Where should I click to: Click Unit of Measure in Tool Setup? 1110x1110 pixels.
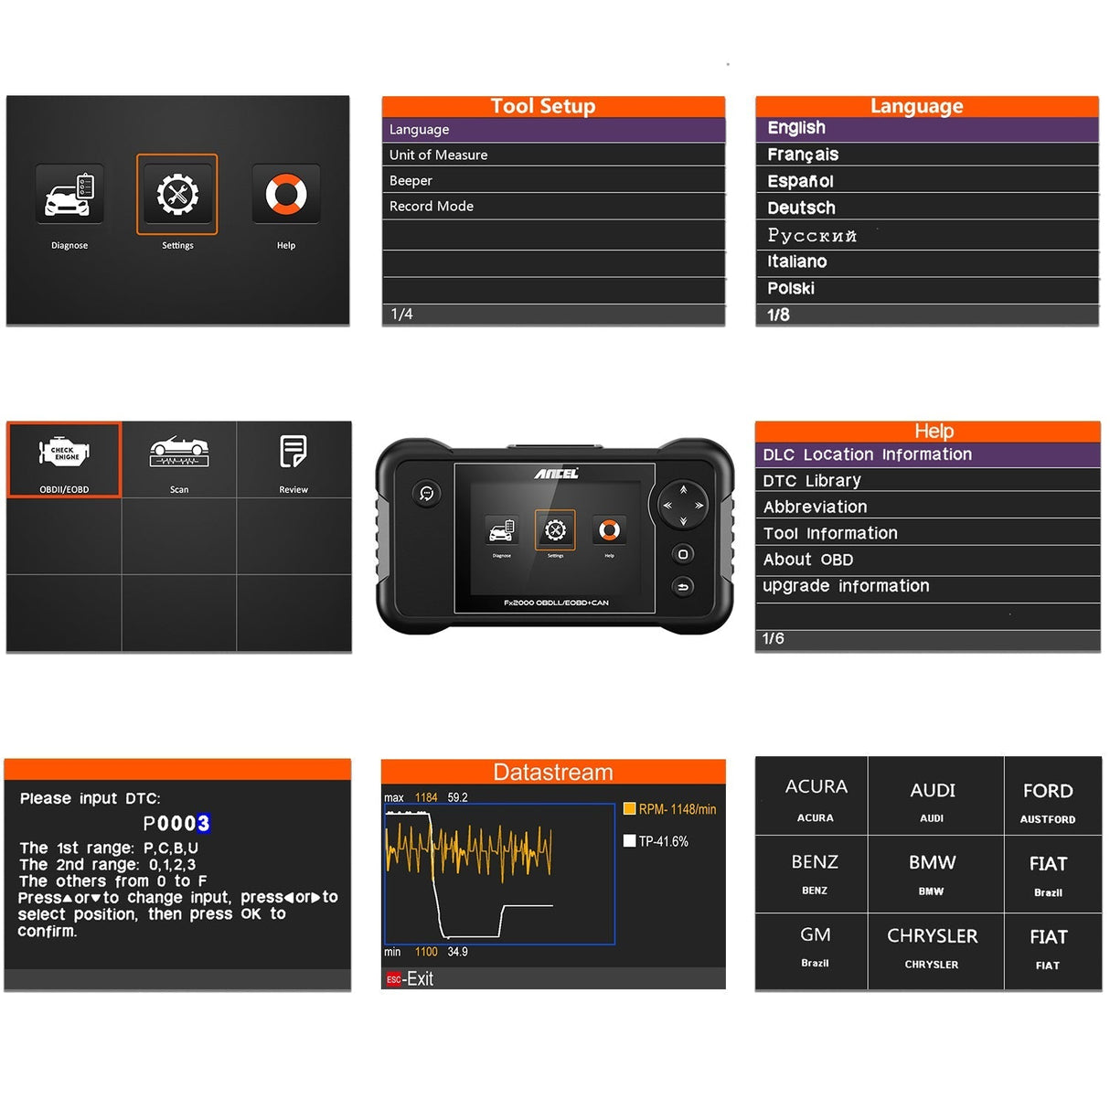point(439,155)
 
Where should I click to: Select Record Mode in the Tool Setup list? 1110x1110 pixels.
point(432,206)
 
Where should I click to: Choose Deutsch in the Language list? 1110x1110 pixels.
point(801,208)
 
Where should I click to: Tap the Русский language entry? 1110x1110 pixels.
point(812,235)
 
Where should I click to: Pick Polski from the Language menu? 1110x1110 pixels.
point(791,288)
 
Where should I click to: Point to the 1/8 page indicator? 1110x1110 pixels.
point(778,315)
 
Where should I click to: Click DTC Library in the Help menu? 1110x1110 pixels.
point(812,480)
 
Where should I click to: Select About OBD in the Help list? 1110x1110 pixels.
point(808,560)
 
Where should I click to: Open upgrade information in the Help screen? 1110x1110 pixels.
point(846,586)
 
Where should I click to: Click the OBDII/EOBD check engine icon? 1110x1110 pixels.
point(64,452)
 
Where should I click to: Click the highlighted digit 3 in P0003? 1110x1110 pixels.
point(203,823)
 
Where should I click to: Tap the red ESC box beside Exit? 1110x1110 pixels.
point(393,979)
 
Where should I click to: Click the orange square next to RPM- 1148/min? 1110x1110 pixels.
point(629,808)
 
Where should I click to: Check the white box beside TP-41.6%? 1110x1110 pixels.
point(629,841)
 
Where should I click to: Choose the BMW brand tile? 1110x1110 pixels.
point(932,873)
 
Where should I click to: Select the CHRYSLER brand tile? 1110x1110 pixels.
point(932,946)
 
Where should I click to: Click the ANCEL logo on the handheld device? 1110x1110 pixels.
point(556,474)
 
